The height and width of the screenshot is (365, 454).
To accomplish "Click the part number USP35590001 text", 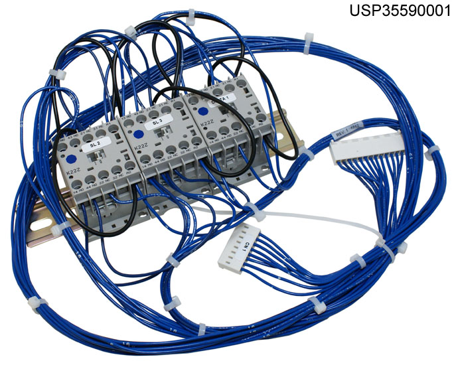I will coord(400,11).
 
